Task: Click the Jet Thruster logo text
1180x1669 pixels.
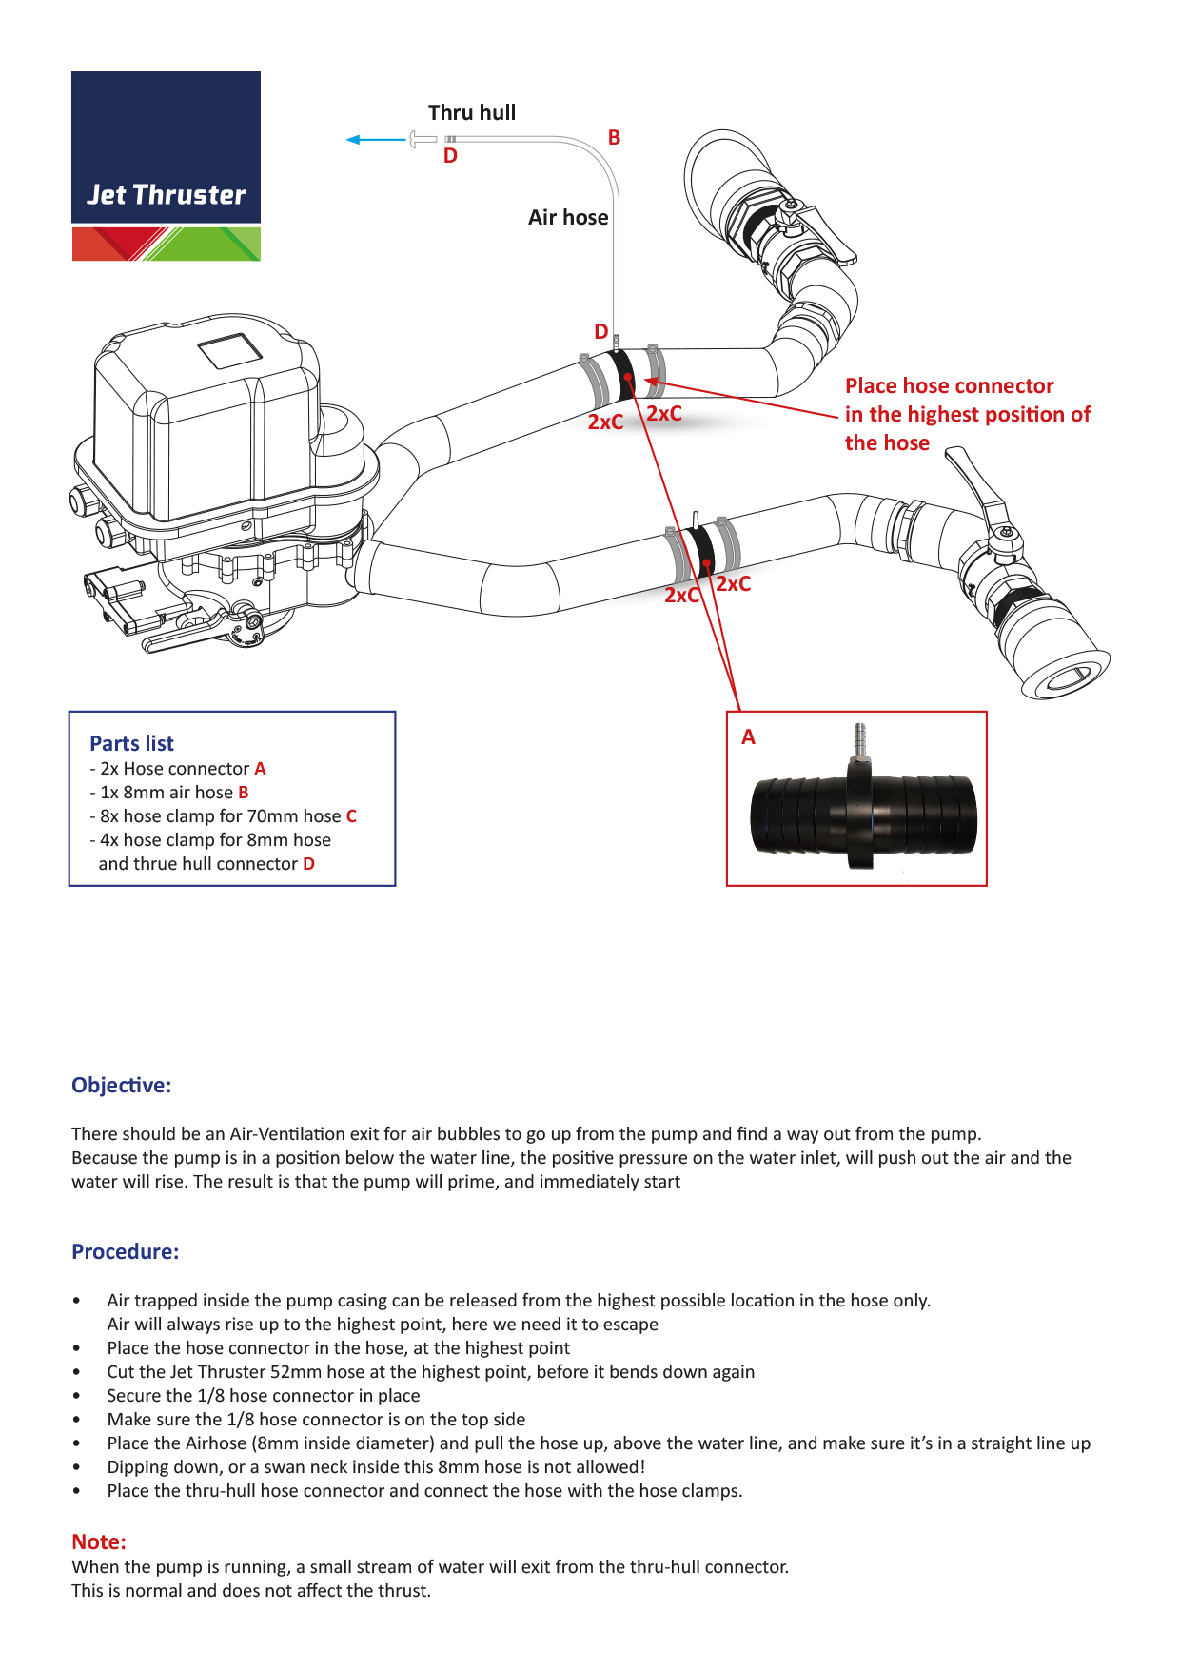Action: click(x=167, y=195)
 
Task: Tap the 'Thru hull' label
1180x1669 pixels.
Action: click(x=472, y=113)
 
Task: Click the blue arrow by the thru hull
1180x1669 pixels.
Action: click(x=376, y=140)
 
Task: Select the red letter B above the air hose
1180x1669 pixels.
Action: click(x=614, y=138)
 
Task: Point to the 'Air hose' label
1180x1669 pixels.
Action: click(x=568, y=218)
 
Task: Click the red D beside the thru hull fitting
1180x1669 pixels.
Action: click(x=450, y=157)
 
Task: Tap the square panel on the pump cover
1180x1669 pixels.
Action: click(x=229, y=350)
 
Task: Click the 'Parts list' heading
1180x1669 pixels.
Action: click(x=131, y=743)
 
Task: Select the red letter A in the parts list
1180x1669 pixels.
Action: click(x=260, y=769)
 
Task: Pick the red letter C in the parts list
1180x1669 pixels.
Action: click(x=351, y=816)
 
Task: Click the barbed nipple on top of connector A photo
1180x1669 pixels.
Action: click(x=859, y=738)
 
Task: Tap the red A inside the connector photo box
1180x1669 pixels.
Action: click(x=748, y=737)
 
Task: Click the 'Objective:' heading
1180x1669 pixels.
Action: click(x=121, y=1086)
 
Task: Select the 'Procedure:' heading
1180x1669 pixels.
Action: click(x=125, y=1252)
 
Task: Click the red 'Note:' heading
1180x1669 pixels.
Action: click(x=99, y=1542)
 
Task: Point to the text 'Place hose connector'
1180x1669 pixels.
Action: click(x=949, y=386)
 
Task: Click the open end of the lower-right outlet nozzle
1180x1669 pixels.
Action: click(x=1069, y=677)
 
